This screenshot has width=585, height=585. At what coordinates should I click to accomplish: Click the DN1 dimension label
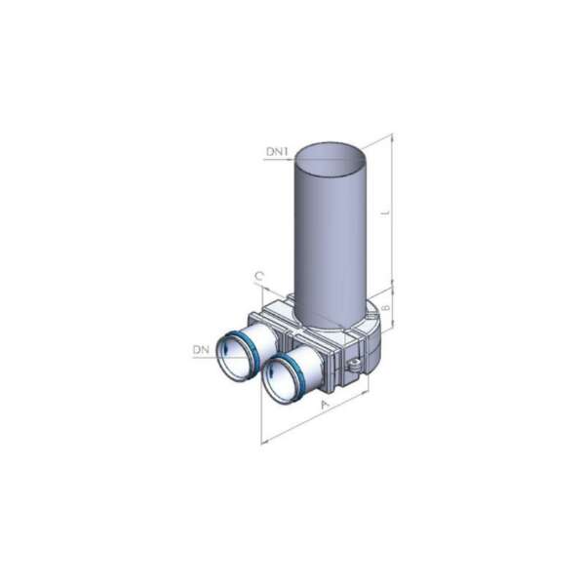[x=277, y=152]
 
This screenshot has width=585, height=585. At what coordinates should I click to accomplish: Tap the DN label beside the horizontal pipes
[x=201, y=350]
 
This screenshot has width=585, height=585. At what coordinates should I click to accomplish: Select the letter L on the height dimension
[x=386, y=213]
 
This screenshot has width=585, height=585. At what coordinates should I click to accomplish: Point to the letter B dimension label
[x=386, y=307]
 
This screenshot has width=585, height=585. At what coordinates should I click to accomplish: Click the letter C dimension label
[x=259, y=276]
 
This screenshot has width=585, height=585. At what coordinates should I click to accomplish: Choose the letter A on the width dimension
[x=326, y=405]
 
